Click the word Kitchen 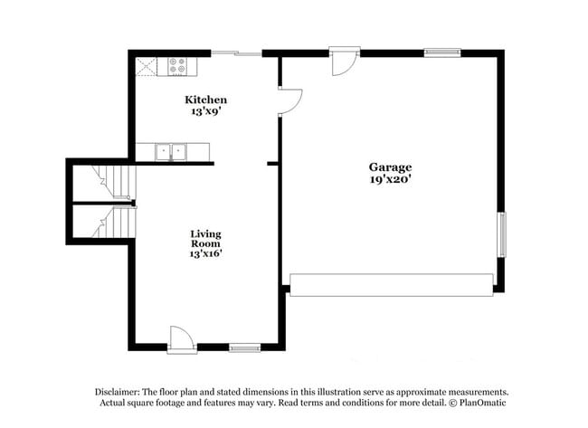coord(206,100)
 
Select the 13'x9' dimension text coord(206,111)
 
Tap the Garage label coord(390,167)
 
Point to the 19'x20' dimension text coord(390,179)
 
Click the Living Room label coord(206,239)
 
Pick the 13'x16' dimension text coord(206,254)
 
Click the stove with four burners coord(177,66)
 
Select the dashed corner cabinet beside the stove coord(145,66)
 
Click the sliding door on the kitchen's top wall coord(237,53)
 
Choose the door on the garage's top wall coord(345,62)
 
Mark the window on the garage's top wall coord(442,52)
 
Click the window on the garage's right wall coord(502,235)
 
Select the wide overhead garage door coord(391,284)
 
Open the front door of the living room coord(181,338)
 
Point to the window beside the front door coord(244,347)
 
